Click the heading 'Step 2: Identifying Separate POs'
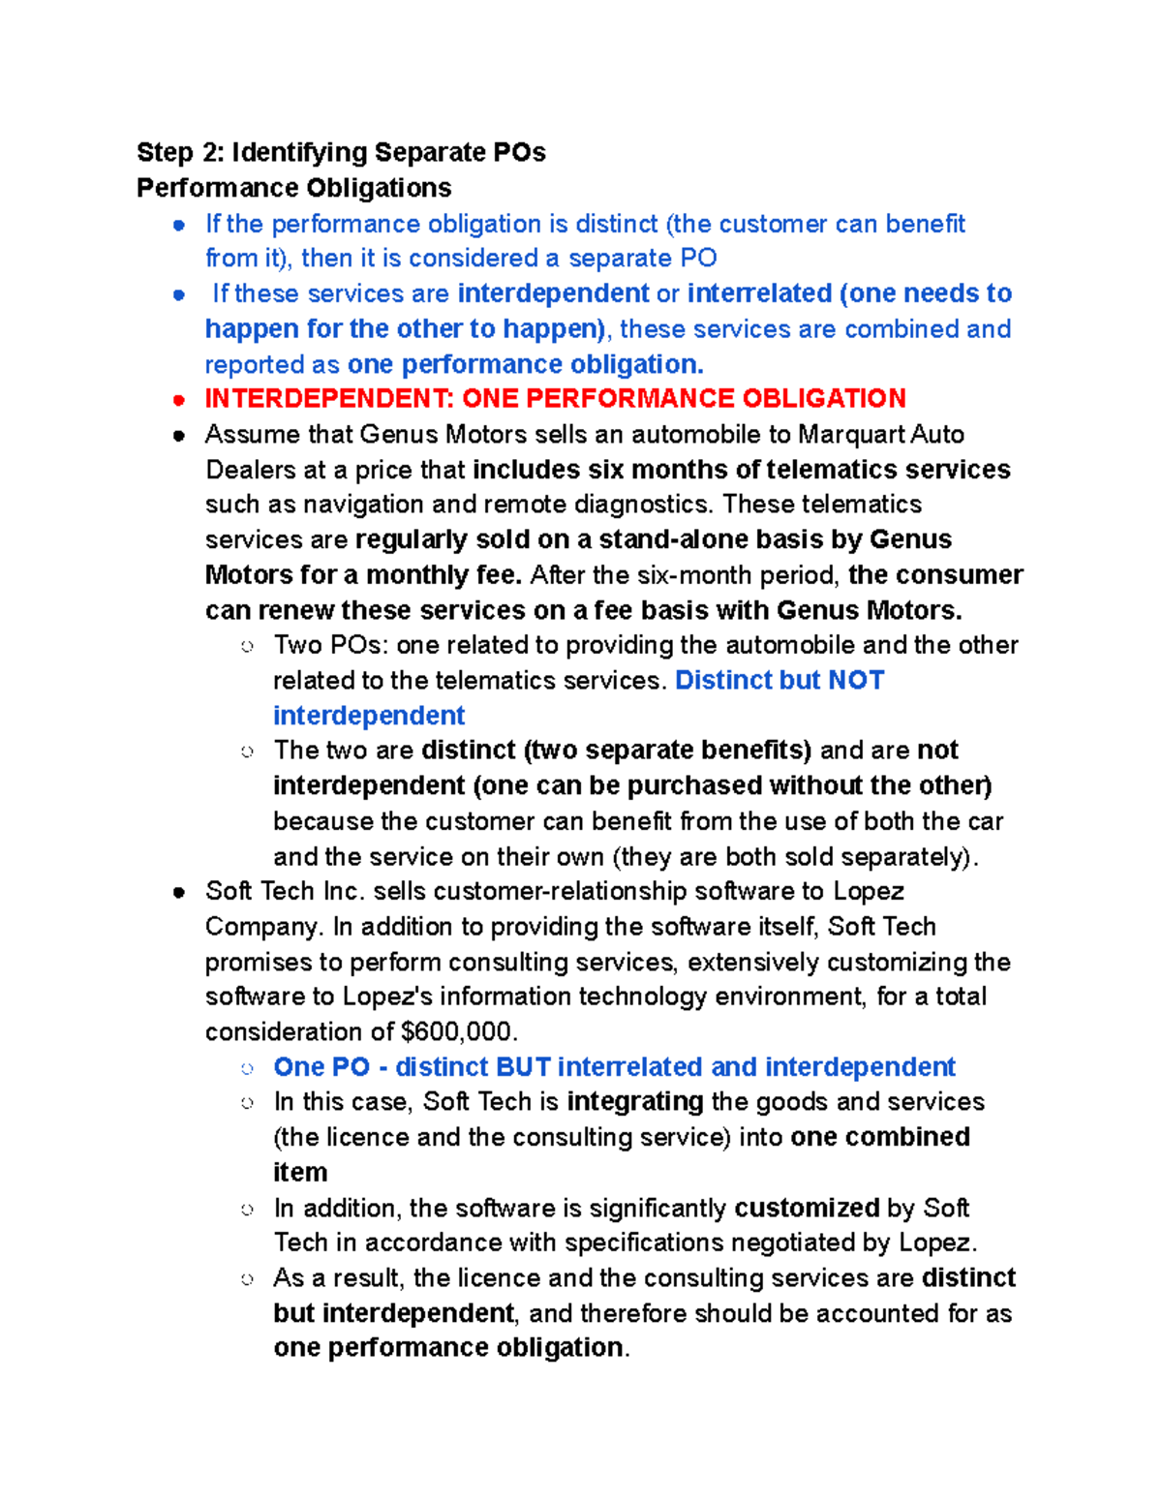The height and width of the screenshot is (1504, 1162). point(341,152)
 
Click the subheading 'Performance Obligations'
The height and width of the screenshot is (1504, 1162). point(293,187)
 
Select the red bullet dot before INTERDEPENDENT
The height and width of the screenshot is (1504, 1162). point(178,399)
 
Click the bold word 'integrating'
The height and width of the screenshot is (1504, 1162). point(634,1101)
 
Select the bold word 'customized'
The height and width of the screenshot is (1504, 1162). point(807,1208)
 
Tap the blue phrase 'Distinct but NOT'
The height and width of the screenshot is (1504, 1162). point(780,680)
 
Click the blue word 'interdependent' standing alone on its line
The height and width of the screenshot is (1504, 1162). point(369,715)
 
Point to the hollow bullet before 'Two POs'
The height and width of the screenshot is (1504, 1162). point(248,646)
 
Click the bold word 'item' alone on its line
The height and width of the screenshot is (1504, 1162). point(300,1172)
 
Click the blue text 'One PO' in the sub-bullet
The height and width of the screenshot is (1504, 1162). point(321,1066)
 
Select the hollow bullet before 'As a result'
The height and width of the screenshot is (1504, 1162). point(248,1279)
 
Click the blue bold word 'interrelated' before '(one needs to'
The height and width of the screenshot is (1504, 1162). point(759,293)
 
